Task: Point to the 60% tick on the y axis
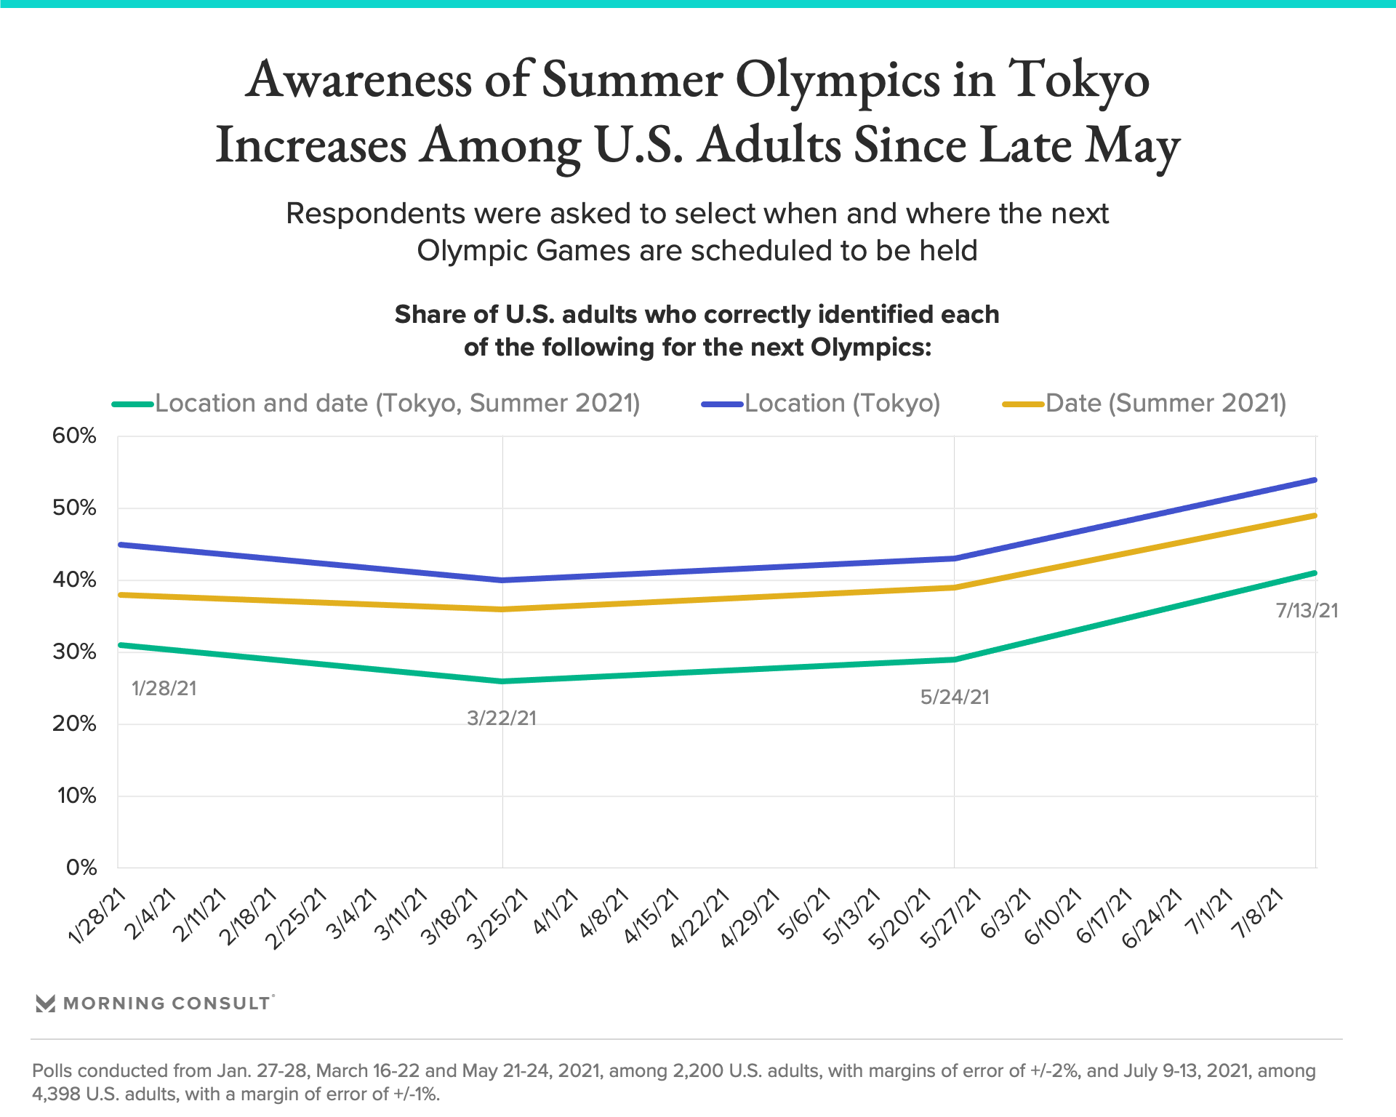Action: tap(74, 436)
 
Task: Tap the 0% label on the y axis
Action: tap(81, 868)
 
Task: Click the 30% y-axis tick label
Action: tap(74, 652)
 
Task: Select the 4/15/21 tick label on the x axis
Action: tap(651, 916)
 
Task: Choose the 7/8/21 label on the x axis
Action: tap(1260, 913)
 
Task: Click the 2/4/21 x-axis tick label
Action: tap(151, 913)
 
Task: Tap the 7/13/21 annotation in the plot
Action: tap(1307, 611)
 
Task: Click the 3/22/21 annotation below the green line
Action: tap(502, 718)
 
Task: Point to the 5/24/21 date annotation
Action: tap(955, 697)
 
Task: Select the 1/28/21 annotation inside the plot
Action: tap(164, 689)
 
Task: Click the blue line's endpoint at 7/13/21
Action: tap(1315, 480)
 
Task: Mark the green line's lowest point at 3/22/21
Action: tap(502, 681)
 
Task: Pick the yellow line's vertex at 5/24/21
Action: tap(954, 588)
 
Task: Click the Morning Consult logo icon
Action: tap(46, 1004)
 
